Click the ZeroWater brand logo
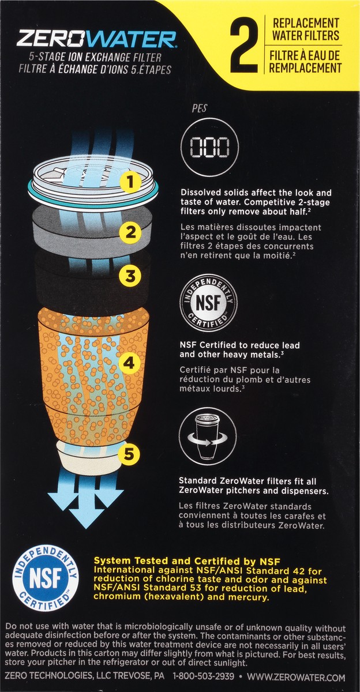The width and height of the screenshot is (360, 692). [96, 39]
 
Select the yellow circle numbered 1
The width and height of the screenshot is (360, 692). [130, 183]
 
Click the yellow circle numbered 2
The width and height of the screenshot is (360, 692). [130, 232]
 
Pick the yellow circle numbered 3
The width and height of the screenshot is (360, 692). [130, 276]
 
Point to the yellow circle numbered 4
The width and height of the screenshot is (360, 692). [130, 363]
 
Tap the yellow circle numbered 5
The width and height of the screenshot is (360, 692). [130, 455]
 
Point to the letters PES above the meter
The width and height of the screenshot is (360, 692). [199, 107]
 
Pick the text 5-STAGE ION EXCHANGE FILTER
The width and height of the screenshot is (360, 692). [95, 58]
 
